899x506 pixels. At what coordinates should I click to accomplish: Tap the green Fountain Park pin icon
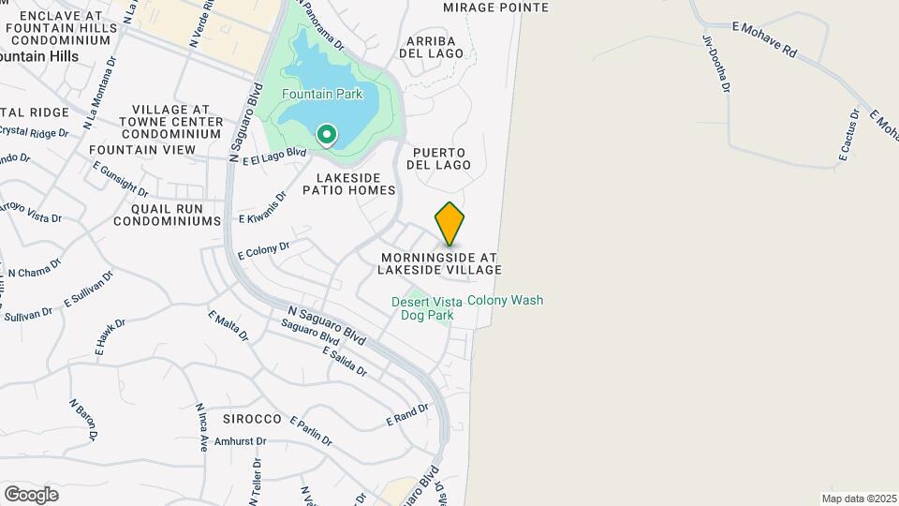coord(326,137)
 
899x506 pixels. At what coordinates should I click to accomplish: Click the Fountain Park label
coord(323,94)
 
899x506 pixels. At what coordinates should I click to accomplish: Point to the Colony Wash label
coord(505,301)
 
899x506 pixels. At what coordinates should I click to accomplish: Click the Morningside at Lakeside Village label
coord(438,263)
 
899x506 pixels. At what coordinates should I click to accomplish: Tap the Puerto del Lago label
coord(438,158)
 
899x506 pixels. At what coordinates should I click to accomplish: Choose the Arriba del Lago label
coord(432,48)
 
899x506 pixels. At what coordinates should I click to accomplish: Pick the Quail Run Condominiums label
coord(167,215)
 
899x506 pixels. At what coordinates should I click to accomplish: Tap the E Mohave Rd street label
coord(764,40)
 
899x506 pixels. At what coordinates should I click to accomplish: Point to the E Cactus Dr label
coord(847,135)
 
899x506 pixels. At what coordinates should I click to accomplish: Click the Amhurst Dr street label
coord(241,440)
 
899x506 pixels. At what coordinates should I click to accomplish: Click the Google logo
coord(31,494)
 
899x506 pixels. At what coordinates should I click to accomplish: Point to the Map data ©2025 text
coord(859,499)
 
